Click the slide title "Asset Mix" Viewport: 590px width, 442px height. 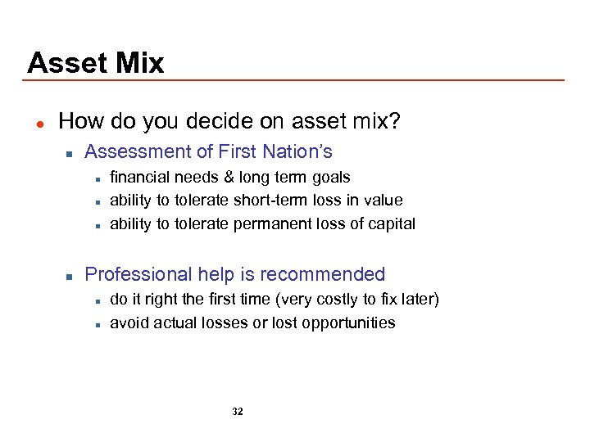coord(95,63)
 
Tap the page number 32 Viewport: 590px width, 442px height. coord(238,412)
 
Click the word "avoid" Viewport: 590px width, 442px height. coord(128,322)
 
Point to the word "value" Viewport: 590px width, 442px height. coord(385,200)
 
